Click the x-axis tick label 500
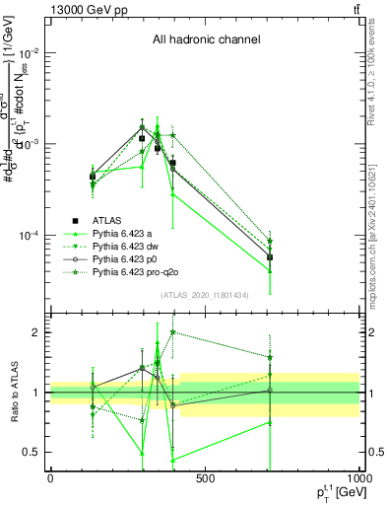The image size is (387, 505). click(x=205, y=479)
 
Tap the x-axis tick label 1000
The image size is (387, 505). click(x=356, y=479)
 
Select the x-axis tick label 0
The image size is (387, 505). click(x=50, y=479)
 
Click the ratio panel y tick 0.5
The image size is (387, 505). click(x=32, y=452)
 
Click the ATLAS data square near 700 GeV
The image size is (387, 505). click(x=270, y=256)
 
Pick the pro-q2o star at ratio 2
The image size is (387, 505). click(x=173, y=332)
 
